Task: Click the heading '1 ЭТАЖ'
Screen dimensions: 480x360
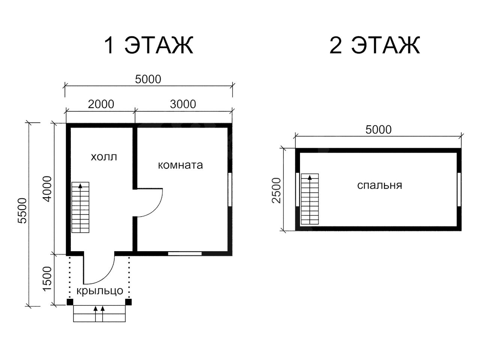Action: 148,45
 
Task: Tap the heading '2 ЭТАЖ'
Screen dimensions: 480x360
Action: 375,45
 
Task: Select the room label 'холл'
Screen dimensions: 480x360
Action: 104,157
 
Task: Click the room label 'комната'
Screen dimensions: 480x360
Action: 180,165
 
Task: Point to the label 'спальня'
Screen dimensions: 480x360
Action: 379,185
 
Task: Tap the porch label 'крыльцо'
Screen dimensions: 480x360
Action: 100,291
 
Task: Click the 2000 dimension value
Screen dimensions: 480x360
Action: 101,104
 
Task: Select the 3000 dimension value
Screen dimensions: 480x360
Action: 183,104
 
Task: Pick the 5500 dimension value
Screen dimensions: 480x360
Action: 22,211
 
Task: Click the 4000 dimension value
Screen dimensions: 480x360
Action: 47,189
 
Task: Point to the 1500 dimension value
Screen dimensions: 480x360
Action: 47,279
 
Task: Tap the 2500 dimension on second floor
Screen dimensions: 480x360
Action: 276,190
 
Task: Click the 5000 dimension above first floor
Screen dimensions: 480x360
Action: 148,79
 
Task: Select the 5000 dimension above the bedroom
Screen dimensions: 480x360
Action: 378,130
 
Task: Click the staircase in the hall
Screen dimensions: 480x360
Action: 81,207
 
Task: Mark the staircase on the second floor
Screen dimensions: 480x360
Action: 310,199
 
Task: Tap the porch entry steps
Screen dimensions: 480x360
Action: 99,313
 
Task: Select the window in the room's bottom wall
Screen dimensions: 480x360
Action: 185,254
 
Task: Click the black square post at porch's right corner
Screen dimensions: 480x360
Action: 128,302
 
